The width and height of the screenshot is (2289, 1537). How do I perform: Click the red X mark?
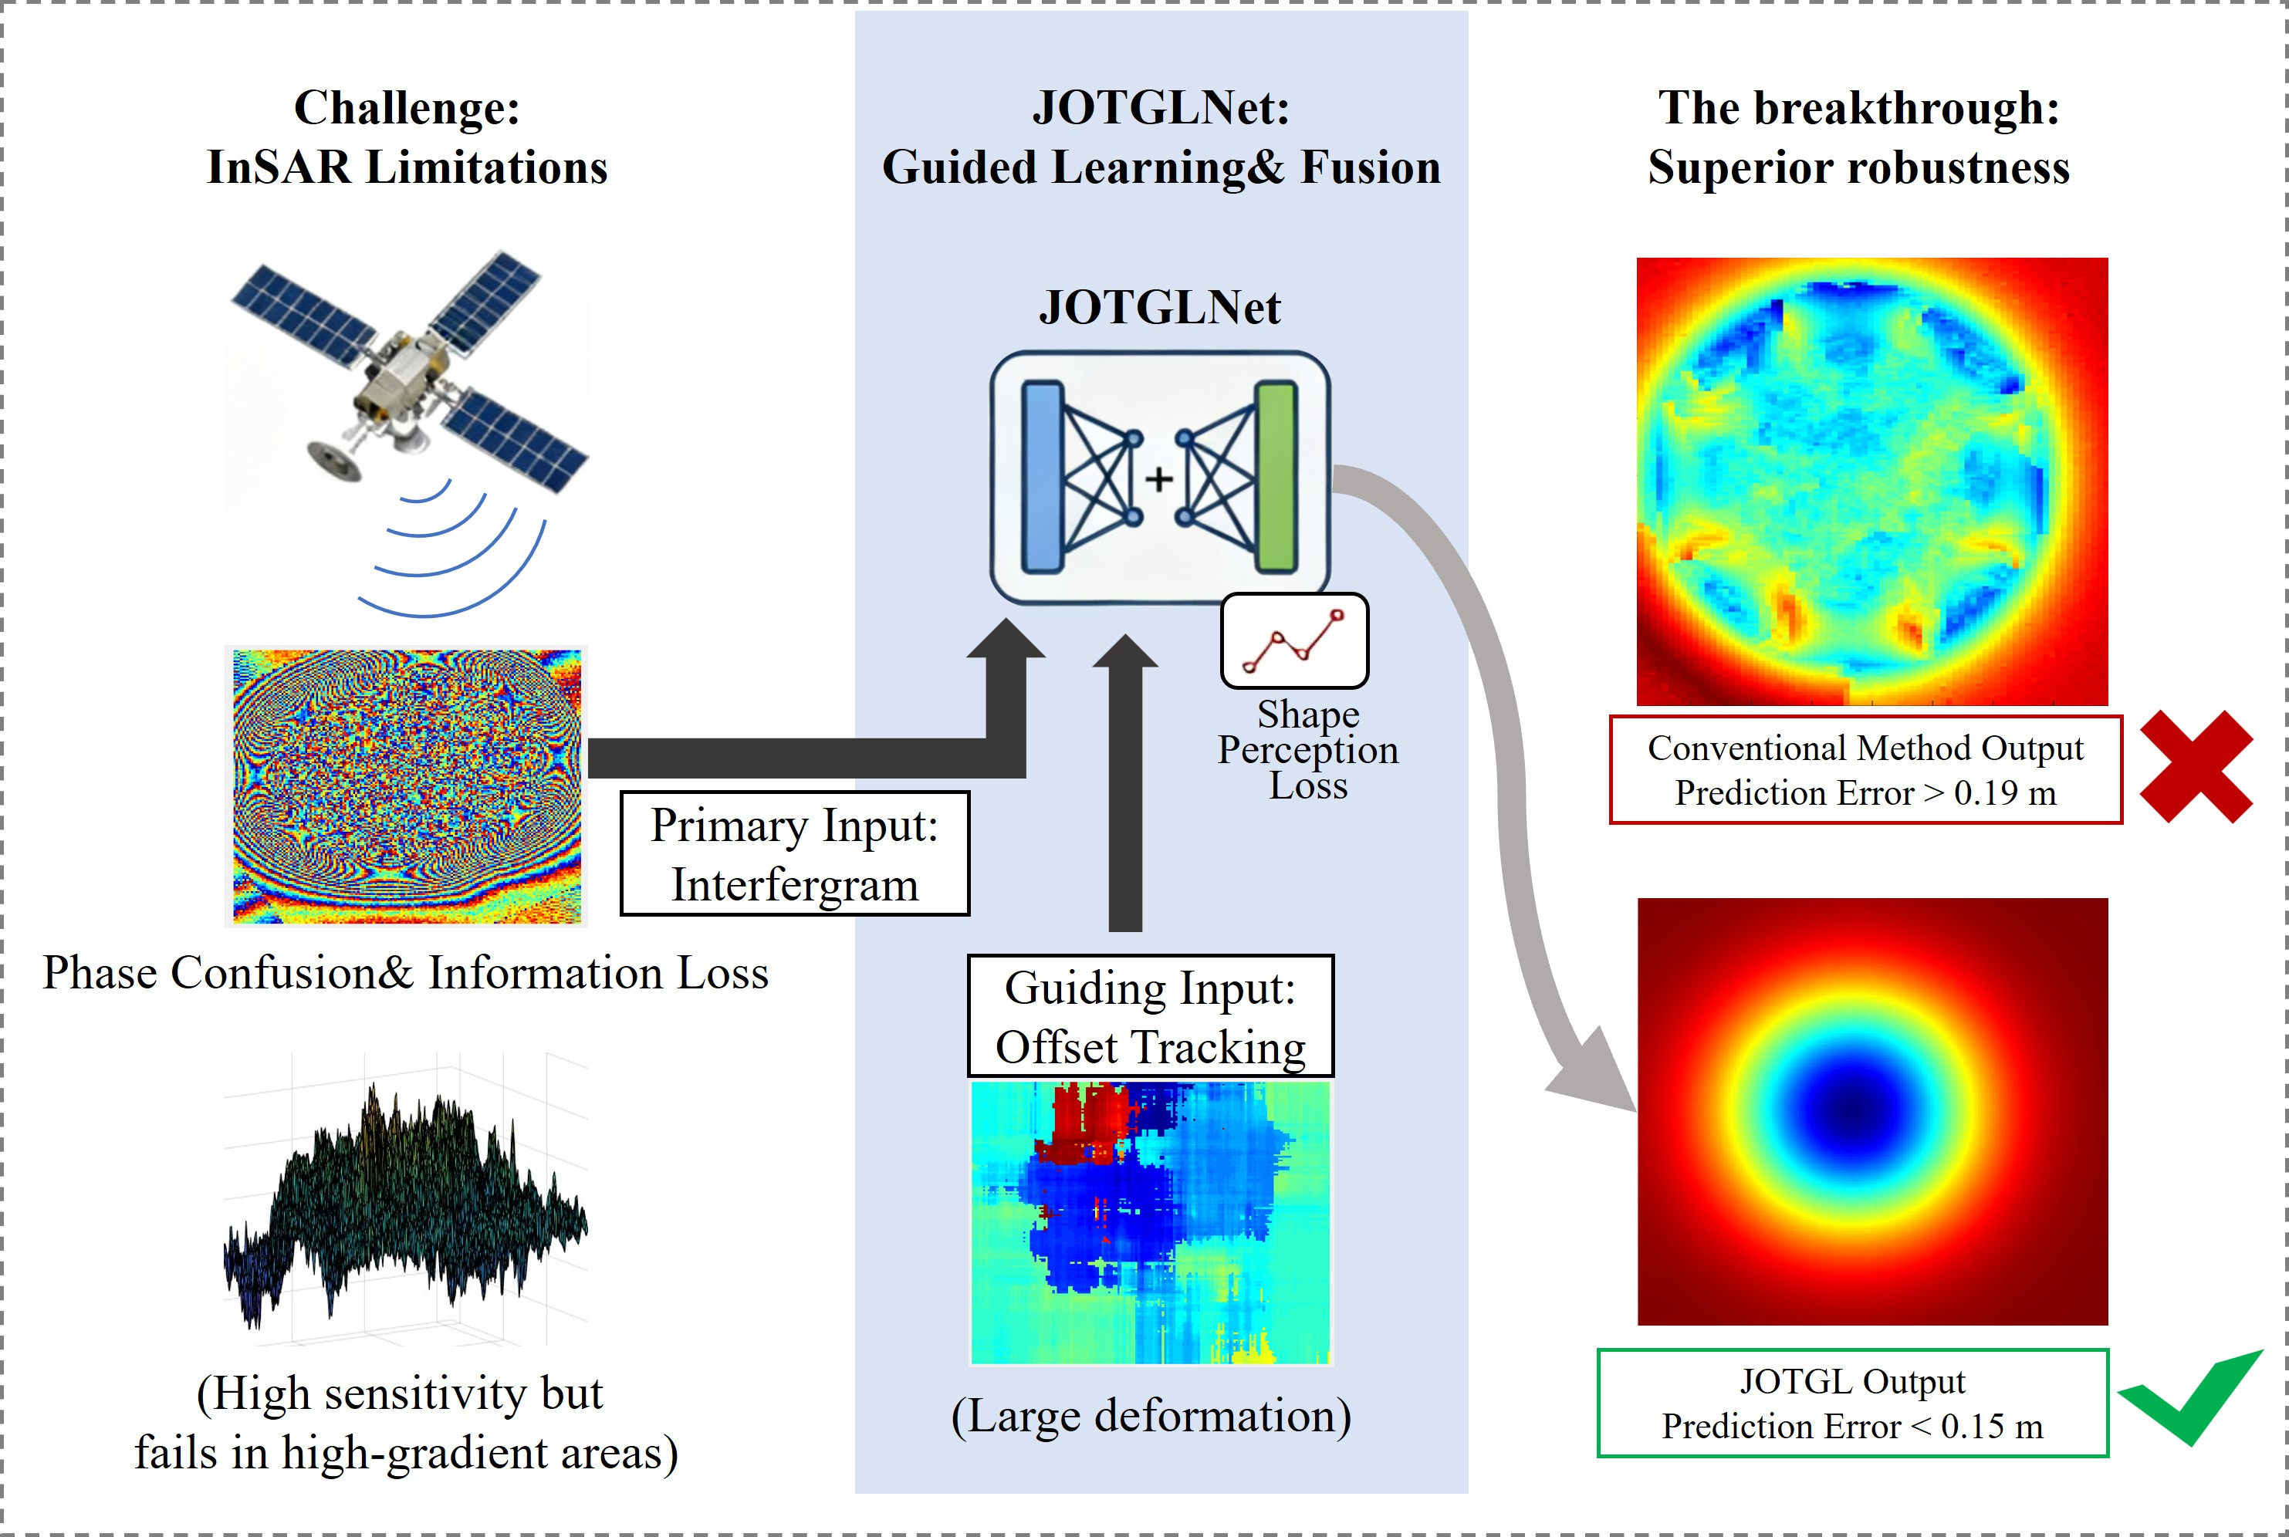(2195, 766)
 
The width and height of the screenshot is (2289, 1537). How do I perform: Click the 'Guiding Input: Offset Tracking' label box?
(1150, 1016)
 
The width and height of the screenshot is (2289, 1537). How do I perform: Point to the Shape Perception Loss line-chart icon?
(1294, 641)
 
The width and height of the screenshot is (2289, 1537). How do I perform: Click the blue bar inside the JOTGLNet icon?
(1042, 478)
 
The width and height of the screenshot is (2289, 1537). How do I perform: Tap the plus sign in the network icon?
(1158, 479)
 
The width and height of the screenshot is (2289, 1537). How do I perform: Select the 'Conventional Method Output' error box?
(1865, 769)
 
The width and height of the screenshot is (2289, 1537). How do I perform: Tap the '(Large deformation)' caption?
(1151, 1415)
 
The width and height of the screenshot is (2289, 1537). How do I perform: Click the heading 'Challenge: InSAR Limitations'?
(407, 137)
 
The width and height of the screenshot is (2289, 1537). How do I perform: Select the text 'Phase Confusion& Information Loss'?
(405, 972)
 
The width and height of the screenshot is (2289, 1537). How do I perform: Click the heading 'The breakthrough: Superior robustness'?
(1858, 137)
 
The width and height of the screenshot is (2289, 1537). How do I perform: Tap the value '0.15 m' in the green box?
(1991, 1426)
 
